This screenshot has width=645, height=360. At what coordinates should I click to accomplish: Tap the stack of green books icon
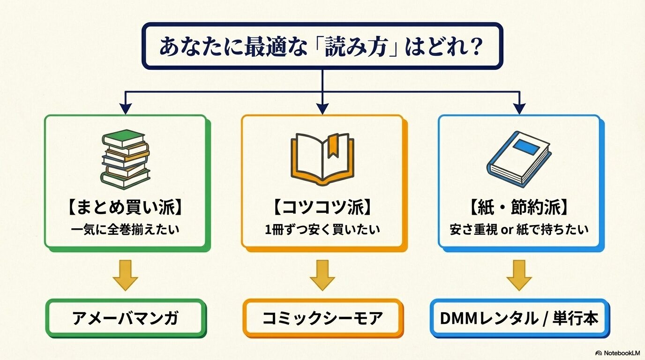(x=126, y=159)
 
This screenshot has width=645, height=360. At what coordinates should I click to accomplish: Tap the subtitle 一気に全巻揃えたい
(x=126, y=230)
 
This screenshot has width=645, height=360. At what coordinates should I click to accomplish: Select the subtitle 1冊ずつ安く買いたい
(x=322, y=230)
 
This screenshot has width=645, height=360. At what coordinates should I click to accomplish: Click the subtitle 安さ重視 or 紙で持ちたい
(x=519, y=230)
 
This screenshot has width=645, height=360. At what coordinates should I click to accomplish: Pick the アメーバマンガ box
(x=126, y=319)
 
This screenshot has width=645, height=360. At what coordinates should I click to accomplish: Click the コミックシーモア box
(x=322, y=319)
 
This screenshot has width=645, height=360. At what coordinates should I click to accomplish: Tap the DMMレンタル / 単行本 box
(x=519, y=319)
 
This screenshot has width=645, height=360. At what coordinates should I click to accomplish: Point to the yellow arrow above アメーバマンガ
(x=125, y=275)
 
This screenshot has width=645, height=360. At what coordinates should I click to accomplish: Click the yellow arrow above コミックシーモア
(x=322, y=275)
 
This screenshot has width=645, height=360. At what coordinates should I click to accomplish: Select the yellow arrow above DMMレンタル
(x=519, y=275)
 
